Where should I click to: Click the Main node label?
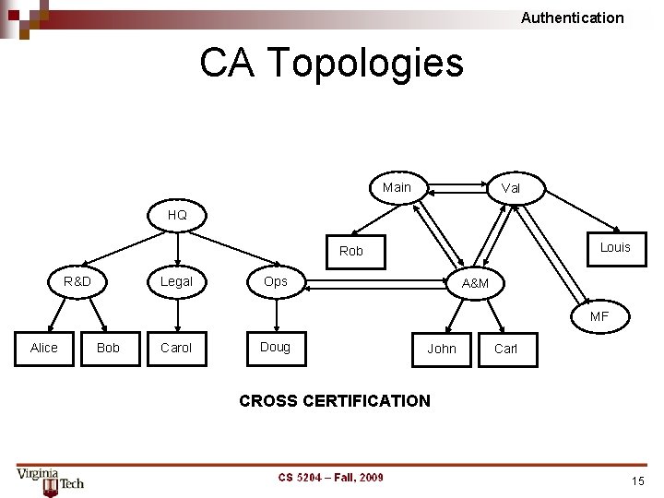pos(397,187)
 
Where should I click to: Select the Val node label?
pos(510,188)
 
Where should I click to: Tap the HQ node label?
pos(177,215)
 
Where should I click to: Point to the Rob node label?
pos(351,251)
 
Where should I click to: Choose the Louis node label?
pos(615,247)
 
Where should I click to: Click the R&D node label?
pos(77,281)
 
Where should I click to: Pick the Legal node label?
pos(176,281)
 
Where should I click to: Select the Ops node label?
pos(276,281)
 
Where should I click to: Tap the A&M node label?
pos(475,283)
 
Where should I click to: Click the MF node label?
pos(599,316)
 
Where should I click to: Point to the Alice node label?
pos(43,348)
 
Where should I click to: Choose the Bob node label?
pos(108,348)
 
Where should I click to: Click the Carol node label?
pos(176,348)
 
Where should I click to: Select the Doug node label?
pos(275,347)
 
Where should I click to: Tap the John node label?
pos(442,349)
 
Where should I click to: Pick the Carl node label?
pos(506,349)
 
